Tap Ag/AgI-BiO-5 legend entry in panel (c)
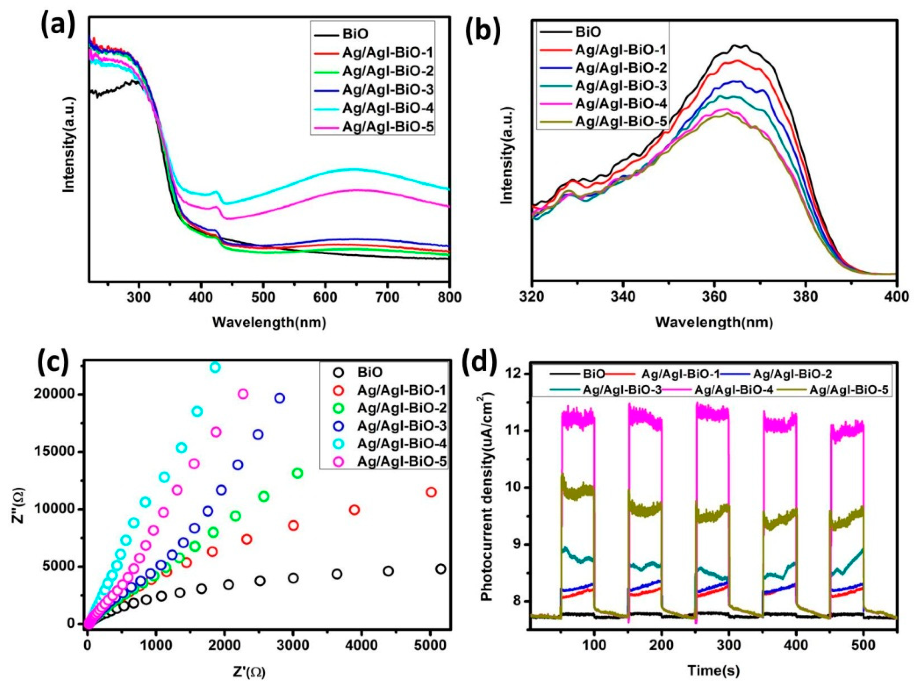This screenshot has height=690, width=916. (x=402, y=461)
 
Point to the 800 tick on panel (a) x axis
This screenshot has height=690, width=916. (x=449, y=297)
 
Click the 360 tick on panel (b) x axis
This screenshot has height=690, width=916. (x=714, y=297)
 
